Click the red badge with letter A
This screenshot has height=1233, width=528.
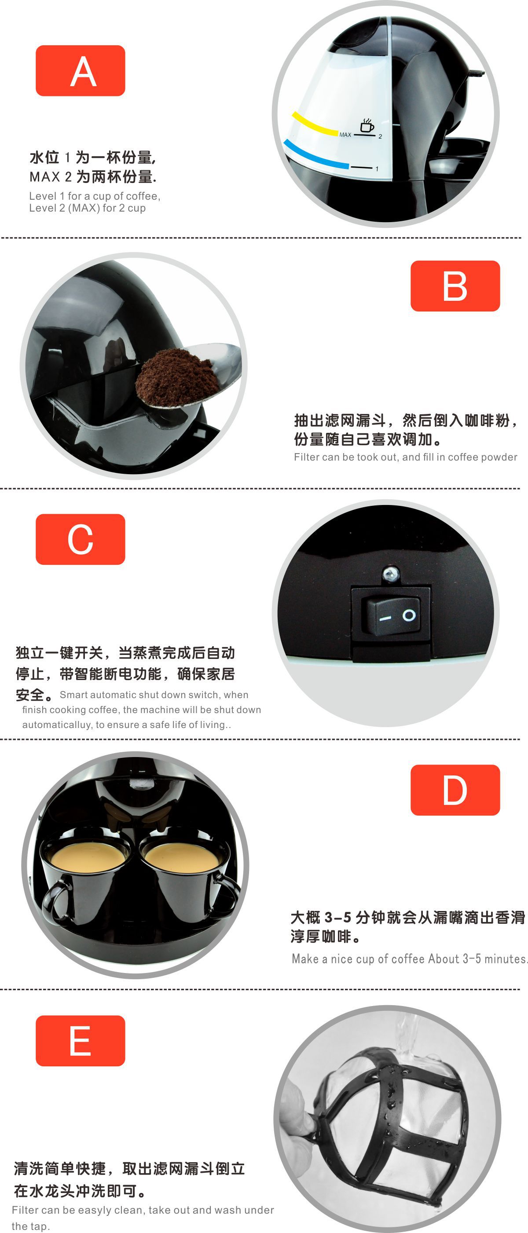81,71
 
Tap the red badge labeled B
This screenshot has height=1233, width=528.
455,286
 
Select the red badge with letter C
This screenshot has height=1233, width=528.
81,539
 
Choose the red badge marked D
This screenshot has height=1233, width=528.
455,790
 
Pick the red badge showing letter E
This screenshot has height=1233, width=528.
81,1041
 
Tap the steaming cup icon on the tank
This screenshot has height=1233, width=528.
367,125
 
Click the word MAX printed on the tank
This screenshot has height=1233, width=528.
345,135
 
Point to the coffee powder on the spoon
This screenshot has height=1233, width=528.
175,376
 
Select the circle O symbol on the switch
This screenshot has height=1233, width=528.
409,615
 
